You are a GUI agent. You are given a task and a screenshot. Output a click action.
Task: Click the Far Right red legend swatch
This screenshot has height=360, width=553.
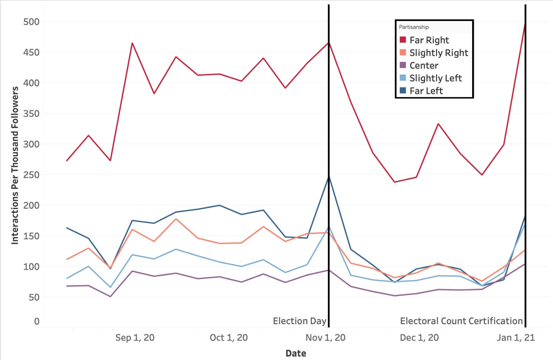pos(403,40)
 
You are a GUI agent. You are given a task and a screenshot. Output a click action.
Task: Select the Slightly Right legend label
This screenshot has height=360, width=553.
pos(439,53)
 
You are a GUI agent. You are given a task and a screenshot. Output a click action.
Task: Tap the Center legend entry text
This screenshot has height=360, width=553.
pos(424,65)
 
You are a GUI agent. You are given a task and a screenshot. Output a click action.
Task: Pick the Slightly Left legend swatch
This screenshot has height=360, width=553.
pos(403,78)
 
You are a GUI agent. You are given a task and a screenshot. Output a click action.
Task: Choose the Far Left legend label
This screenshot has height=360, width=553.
pos(426,91)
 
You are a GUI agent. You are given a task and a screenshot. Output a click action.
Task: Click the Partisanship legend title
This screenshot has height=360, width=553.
pos(414,27)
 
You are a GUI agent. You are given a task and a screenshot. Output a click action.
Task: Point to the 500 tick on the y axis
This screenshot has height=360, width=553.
pos(31,22)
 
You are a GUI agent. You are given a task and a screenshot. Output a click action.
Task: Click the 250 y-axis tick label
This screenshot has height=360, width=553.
pos(31,175)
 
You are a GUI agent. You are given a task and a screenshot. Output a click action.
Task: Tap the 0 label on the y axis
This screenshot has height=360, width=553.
pos(37,321)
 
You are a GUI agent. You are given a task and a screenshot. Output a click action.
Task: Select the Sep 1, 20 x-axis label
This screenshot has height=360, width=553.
pos(135,338)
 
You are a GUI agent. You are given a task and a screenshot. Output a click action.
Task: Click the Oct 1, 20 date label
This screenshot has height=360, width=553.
pos(229,338)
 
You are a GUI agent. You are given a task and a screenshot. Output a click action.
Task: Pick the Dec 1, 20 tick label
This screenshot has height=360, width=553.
pos(419,338)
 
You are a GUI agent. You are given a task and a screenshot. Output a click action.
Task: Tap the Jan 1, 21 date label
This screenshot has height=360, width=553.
pos(516,338)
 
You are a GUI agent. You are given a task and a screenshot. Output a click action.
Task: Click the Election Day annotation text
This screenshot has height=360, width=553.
pos(300,321)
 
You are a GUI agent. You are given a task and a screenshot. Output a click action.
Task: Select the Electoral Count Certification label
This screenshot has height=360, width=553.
pos(461,321)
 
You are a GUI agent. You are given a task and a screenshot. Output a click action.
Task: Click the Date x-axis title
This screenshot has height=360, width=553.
pos(296,353)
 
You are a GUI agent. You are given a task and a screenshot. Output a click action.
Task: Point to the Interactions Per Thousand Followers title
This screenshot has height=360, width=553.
pos(15,165)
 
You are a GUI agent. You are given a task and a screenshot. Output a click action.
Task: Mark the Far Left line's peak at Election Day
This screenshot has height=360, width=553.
pos(329,177)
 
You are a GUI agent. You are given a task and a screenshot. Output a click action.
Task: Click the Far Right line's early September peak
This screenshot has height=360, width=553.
pos(132,43)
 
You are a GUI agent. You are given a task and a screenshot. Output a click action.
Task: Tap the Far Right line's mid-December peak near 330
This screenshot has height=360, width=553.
pos(438,124)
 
